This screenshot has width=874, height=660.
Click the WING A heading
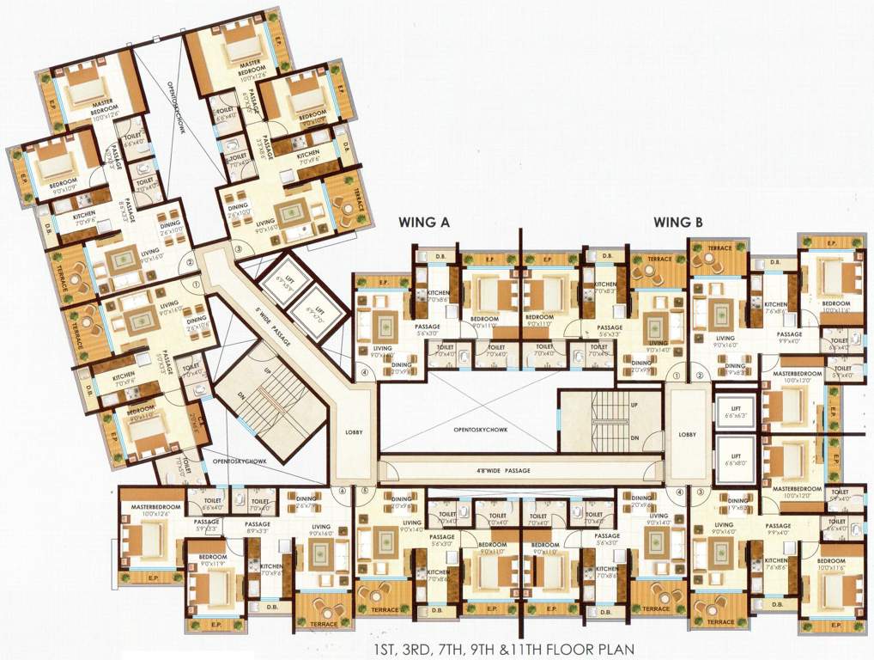(423, 222)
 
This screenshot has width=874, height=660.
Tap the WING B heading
(679, 222)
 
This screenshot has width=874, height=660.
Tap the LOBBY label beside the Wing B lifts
(687, 434)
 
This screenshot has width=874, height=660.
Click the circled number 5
(364, 492)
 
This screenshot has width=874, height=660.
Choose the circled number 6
(342, 492)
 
